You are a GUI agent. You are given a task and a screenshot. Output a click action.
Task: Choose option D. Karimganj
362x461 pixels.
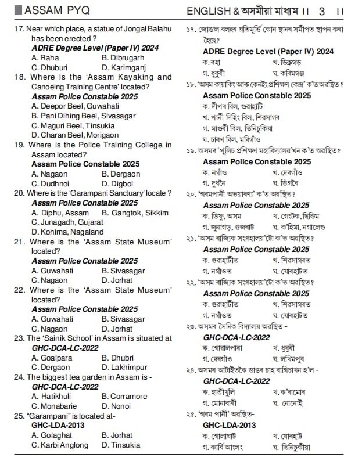tap(124, 67)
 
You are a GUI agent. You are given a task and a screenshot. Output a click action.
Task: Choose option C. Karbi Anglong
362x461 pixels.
tap(60, 445)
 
